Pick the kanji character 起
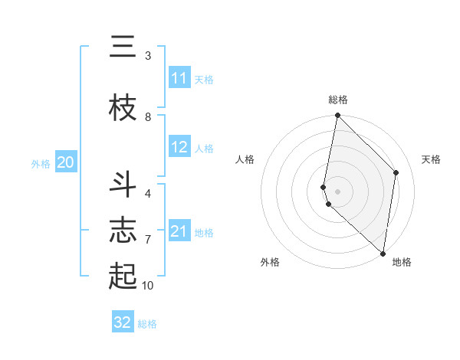point(123,276)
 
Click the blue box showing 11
point(179,79)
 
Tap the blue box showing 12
point(179,148)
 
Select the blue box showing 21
point(179,232)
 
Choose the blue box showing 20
point(65,162)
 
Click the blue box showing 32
point(123,322)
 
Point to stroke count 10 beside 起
point(147,286)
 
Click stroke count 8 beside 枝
point(148,117)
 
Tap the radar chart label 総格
point(338,100)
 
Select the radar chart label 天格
point(431,159)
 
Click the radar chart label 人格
point(245,159)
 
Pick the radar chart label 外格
point(270,262)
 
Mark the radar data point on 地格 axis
point(383,253)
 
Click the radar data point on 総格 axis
point(338,116)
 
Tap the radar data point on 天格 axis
point(396,172)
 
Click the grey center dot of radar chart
point(338,191)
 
